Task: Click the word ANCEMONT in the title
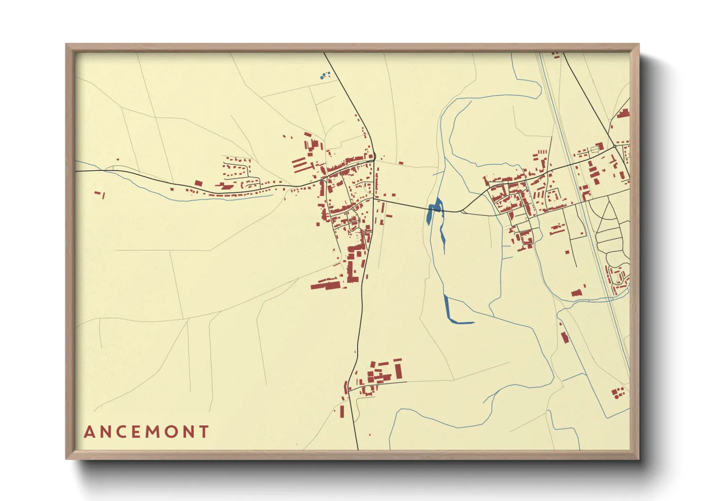tap(146, 432)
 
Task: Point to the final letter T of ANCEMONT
tap(204, 432)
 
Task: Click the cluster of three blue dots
tap(325, 75)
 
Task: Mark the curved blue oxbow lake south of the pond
tap(455, 314)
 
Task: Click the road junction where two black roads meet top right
tap(615, 146)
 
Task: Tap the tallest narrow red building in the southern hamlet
tap(398, 370)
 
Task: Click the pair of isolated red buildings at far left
tap(100, 194)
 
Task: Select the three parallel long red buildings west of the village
tap(300, 165)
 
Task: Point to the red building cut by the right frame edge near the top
tap(624, 113)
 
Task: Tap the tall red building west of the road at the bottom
tap(342, 411)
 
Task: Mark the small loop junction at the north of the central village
tap(374, 156)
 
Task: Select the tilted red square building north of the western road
tap(198, 183)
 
